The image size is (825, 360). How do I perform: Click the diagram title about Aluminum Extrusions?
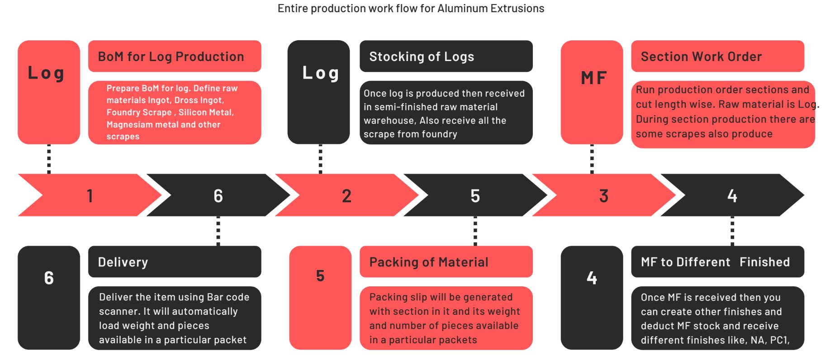(x=411, y=9)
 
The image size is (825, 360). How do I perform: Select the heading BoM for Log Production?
(x=171, y=57)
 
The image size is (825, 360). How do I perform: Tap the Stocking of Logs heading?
(x=422, y=57)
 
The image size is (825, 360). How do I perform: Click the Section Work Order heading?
(x=701, y=57)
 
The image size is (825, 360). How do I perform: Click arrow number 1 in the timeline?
(x=90, y=195)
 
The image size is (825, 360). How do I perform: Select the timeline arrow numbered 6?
(x=218, y=195)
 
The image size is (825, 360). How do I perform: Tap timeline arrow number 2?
(x=346, y=195)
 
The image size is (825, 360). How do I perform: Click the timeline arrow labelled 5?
(x=475, y=195)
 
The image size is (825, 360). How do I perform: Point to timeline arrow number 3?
(x=603, y=195)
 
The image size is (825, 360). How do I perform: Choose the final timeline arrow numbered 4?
(x=732, y=195)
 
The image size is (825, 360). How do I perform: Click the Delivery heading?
(x=123, y=262)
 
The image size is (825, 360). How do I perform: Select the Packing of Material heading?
(x=429, y=262)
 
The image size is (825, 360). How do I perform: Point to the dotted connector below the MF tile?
(x=592, y=159)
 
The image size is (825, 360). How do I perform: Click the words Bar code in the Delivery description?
(x=228, y=297)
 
